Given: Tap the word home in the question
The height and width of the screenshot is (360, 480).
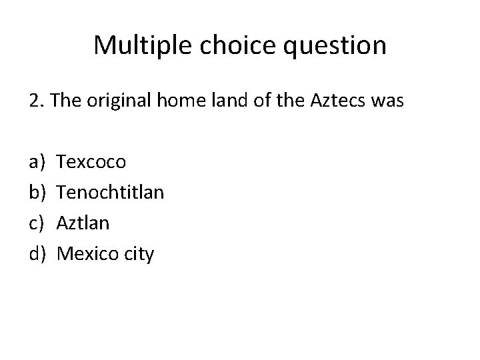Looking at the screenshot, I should (179, 102).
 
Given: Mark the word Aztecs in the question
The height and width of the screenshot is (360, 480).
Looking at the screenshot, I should (332, 102).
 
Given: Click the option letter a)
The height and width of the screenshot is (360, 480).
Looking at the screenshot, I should (37, 161).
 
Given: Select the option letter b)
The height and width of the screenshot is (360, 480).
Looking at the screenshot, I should (37, 192).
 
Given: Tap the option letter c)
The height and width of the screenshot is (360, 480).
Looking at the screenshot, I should (37, 223).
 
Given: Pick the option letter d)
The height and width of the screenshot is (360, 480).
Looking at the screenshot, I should (37, 253).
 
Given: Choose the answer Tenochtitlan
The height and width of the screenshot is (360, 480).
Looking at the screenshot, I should (111, 192).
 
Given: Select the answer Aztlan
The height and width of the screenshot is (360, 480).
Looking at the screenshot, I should (83, 223).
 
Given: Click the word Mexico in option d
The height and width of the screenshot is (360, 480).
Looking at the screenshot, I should (87, 253).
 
